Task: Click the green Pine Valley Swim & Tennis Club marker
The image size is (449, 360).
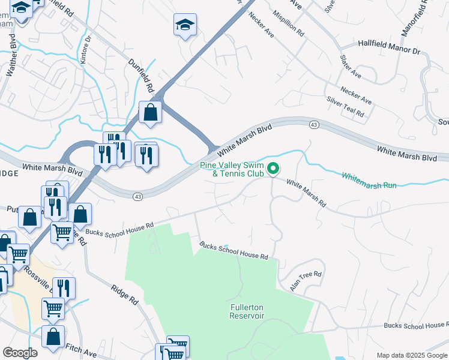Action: pyautogui.click(x=273, y=169)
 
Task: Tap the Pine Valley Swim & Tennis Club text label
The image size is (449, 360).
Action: pyautogui.click(x=232, y=169)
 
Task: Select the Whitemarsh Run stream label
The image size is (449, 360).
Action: pyautogui.click(x=369, y=181)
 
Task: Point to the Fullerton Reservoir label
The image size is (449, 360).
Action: pyautogui.click(x=247, y=311)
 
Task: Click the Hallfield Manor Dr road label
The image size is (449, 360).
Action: pyautogui.click(x=388, y=47)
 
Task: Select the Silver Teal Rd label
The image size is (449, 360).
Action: pyautogui.click(x=345, y=107)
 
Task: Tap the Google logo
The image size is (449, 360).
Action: pyautogui.click(x=20, y=353)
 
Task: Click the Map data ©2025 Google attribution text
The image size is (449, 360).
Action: pyautogui.click(x=411, y=355)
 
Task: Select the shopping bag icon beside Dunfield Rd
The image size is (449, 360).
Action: pyautogui.click(x=149, y=112)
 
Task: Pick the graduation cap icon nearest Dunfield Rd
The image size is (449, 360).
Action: pyautogui.click(x=185, y=25)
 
